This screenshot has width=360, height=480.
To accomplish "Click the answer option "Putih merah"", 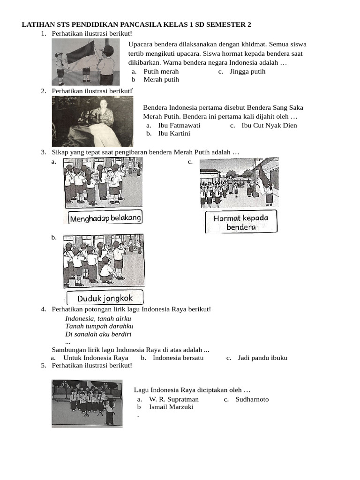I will (x=161, y=72).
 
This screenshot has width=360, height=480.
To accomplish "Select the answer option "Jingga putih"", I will (x=247, y=72).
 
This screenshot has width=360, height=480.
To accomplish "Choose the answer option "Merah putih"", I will (x=161, y=80).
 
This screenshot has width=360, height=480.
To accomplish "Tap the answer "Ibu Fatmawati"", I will (x=179, y=126).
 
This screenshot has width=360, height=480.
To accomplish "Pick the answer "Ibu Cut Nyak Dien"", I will (x=269, y=126).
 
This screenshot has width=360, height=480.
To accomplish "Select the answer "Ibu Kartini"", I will (x=174, y=134).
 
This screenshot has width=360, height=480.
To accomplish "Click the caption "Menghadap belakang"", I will (x=105, y=218).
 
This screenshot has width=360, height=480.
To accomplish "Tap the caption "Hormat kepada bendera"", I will (x=241, y=222).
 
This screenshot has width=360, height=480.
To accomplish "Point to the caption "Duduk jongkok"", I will (x=105, y=298).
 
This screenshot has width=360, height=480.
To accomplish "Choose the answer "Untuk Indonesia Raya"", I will (x=96, y=358).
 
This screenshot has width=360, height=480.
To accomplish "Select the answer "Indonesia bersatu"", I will (x=178, y=358).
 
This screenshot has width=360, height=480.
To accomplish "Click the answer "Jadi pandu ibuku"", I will (x=262, y=358).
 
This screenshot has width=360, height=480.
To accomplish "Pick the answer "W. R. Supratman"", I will (x=174, y=399).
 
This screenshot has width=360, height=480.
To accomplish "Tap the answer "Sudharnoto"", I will (x=252, y=399).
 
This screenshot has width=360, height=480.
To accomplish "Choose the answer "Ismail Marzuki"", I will (x=171, y=407).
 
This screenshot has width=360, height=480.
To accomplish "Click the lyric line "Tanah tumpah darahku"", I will (x=99, y=326).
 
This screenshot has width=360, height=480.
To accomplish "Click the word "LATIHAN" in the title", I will (x=38, y=24).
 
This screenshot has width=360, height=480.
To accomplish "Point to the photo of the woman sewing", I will (x=92, y=122).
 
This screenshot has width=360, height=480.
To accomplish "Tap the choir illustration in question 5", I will (x=87, y=403).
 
